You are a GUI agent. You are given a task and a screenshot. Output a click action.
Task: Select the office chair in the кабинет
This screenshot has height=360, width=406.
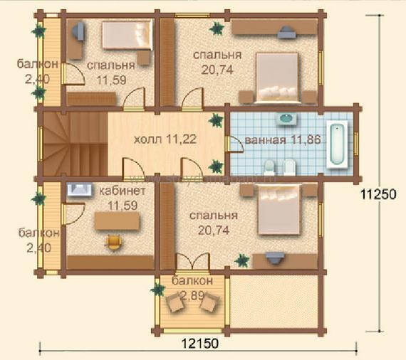tap(113, 243)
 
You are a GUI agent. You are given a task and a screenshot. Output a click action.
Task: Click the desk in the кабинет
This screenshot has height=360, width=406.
tap(117, 221)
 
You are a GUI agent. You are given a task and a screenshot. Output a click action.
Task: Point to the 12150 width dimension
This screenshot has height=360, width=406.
tap(200, 344)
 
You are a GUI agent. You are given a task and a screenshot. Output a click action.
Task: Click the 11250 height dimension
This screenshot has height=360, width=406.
tap(378, 194)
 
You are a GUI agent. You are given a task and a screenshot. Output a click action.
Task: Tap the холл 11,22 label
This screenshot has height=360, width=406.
tap(165, 139)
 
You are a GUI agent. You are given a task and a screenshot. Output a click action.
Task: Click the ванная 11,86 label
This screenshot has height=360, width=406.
tap(283, 140)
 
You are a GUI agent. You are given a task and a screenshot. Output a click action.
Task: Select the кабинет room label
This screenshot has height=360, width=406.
tap(123, 191)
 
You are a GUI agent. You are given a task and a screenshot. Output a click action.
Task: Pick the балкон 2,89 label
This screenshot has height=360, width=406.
tap(192, 288)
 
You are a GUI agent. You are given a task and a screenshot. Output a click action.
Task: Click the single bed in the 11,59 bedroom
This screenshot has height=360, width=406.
tap(127, 35)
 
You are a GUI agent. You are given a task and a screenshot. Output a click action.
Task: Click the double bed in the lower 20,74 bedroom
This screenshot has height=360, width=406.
tap(280, 209)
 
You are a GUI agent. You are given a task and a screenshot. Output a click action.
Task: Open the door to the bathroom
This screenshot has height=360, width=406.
tap(234, 144)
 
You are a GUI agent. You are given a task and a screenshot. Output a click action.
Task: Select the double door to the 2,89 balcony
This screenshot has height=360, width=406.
tap(193, 262)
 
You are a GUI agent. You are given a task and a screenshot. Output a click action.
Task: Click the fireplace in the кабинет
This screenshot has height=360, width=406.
tap(80, 190)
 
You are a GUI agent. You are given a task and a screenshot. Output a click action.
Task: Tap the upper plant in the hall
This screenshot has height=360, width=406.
tap(216, 120)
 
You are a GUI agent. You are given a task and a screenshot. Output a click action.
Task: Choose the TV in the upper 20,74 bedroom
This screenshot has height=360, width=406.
tap(286, 32)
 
